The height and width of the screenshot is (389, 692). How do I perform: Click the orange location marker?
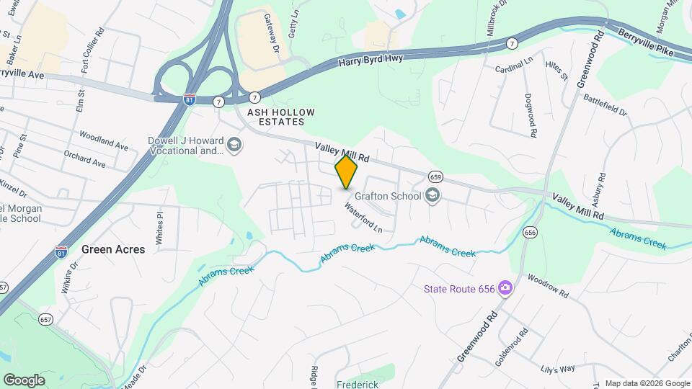pos(347,172)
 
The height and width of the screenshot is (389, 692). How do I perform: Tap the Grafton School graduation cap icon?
pos(432,195)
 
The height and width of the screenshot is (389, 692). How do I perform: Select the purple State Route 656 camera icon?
pos(505,288)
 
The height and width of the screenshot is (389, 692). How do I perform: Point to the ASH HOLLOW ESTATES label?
pos(281,118)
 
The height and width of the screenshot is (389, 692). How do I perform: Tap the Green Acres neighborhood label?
pos(113,249)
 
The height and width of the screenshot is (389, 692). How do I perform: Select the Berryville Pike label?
pos(645,41)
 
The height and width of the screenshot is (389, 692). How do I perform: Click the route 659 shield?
pos(435,176)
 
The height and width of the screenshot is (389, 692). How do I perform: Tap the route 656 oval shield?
pos(531,232)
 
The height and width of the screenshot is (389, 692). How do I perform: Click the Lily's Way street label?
pos(558,369)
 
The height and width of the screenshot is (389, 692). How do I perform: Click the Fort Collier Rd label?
pos(94,50)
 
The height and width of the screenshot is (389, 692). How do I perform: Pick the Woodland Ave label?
pos(104,139)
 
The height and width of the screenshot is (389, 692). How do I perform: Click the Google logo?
pos(24,380)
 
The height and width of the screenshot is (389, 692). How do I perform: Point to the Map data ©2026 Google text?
pos(647,383)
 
